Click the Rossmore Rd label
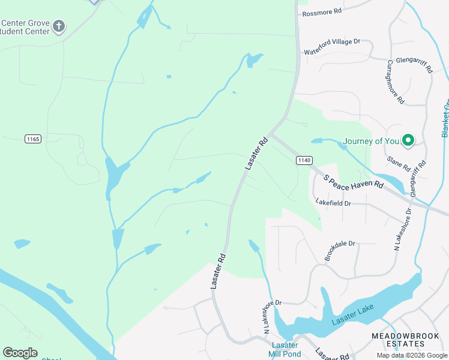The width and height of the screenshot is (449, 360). pos(322,12)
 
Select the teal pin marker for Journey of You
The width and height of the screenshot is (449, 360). pos(408,140)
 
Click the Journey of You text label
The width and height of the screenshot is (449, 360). pos(370,142)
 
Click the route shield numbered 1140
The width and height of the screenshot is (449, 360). pos(304,160)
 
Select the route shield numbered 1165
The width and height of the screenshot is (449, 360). pos(33,139)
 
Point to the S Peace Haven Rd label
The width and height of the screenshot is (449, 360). pos(353,182)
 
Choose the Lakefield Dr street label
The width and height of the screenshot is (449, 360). pos(333,203)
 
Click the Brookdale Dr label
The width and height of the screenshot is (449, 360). pos(340,251)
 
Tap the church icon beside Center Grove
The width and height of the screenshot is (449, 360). pos(58,26)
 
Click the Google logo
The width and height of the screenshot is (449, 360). pos(20,353)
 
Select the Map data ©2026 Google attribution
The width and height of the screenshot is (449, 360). pos(411,355)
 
